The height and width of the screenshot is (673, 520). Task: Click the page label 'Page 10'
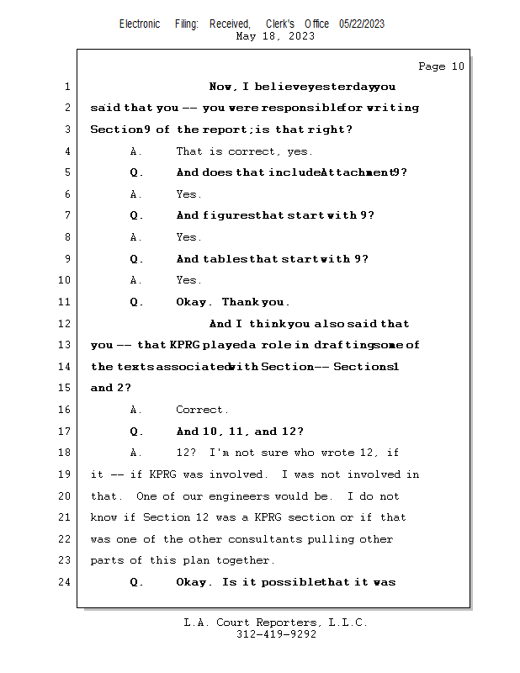(x=441, y=66)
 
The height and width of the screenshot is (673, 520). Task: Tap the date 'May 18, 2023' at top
(x=276, y=36)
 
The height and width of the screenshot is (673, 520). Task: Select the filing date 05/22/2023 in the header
(x=362, y=24)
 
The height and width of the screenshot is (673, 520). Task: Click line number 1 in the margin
(x=66, y=87)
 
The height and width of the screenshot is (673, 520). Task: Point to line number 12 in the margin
(x=64, y=324)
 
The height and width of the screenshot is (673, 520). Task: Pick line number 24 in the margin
(x=64, y=582)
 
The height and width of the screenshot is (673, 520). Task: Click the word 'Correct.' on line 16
(x=202, y=410)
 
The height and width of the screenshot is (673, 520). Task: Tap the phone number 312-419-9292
(x=276, y=634)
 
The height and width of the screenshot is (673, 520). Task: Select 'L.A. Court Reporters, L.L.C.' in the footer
(x=276, y=623)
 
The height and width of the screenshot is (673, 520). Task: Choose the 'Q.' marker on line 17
(x=136, y=432)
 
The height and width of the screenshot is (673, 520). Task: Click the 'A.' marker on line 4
(x=136, y=151)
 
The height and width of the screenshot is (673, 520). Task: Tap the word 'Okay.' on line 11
(x=194, y=302)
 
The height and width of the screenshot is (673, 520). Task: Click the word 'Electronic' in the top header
(x=140, y=24)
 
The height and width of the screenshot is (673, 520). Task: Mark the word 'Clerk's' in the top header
(x=280, y=24)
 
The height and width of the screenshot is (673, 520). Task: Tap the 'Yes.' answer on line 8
(x=188, y=237)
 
